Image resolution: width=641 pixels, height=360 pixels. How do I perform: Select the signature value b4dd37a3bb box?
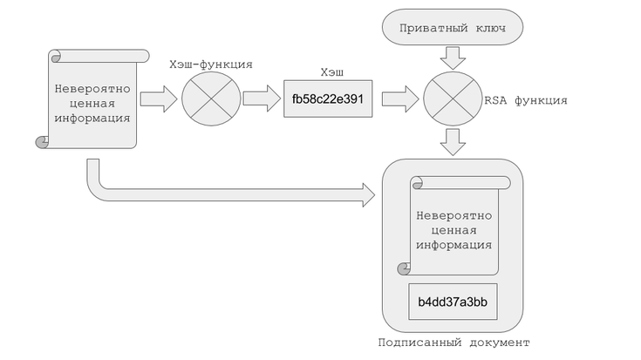(453, 302)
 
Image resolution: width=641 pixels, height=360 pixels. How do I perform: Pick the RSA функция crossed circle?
(453, 99)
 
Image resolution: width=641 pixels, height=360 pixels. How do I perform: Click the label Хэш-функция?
(210, 65)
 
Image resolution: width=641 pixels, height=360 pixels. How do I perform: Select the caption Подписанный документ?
(453, 342)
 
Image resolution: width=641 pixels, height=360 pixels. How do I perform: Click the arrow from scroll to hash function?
(158, 99)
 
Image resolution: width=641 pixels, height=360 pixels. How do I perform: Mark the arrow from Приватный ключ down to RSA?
(453, 58)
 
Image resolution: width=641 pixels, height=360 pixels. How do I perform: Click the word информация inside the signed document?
(453, 244)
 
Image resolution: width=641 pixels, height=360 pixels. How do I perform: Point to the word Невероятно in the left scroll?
(92, 88)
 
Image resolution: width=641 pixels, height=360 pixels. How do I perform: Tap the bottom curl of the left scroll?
(41, 141)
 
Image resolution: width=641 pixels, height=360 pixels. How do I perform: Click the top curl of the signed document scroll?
(418, 182)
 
